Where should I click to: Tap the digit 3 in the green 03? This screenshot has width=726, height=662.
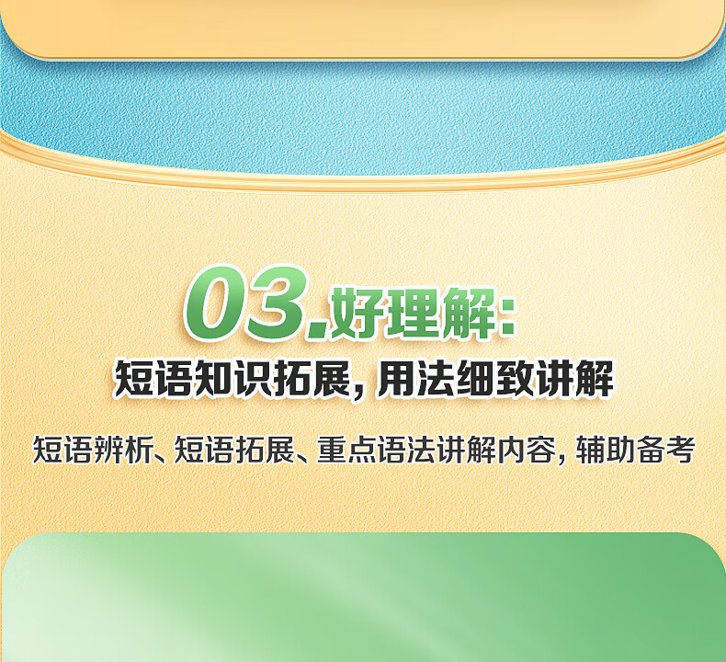[x=278, y=303]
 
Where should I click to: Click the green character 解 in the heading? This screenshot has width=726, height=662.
[x=468, y=314]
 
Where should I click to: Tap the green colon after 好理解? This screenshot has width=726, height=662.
[x=508, y=317]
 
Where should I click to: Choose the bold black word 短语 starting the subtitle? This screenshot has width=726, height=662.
[x=153, y=379]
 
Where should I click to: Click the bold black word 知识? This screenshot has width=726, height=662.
[x=233, y=379]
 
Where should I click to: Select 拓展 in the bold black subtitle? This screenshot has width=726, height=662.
[x=312, y=379]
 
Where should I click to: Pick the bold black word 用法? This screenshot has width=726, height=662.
[x=415, y=379]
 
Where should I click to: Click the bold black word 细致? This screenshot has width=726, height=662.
[x=495, y=379]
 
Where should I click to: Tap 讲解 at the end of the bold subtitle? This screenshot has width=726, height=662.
[x=574, y=379]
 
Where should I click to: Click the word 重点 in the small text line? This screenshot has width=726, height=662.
[x=346, y=450]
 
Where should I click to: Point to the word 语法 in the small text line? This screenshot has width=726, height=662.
[x=406, y=450]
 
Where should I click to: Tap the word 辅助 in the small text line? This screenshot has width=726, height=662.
[x=606, y=450]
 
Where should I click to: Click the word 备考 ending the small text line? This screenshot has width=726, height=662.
[x=664, y=450]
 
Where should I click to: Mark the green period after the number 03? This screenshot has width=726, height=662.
[x=318, y=331]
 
